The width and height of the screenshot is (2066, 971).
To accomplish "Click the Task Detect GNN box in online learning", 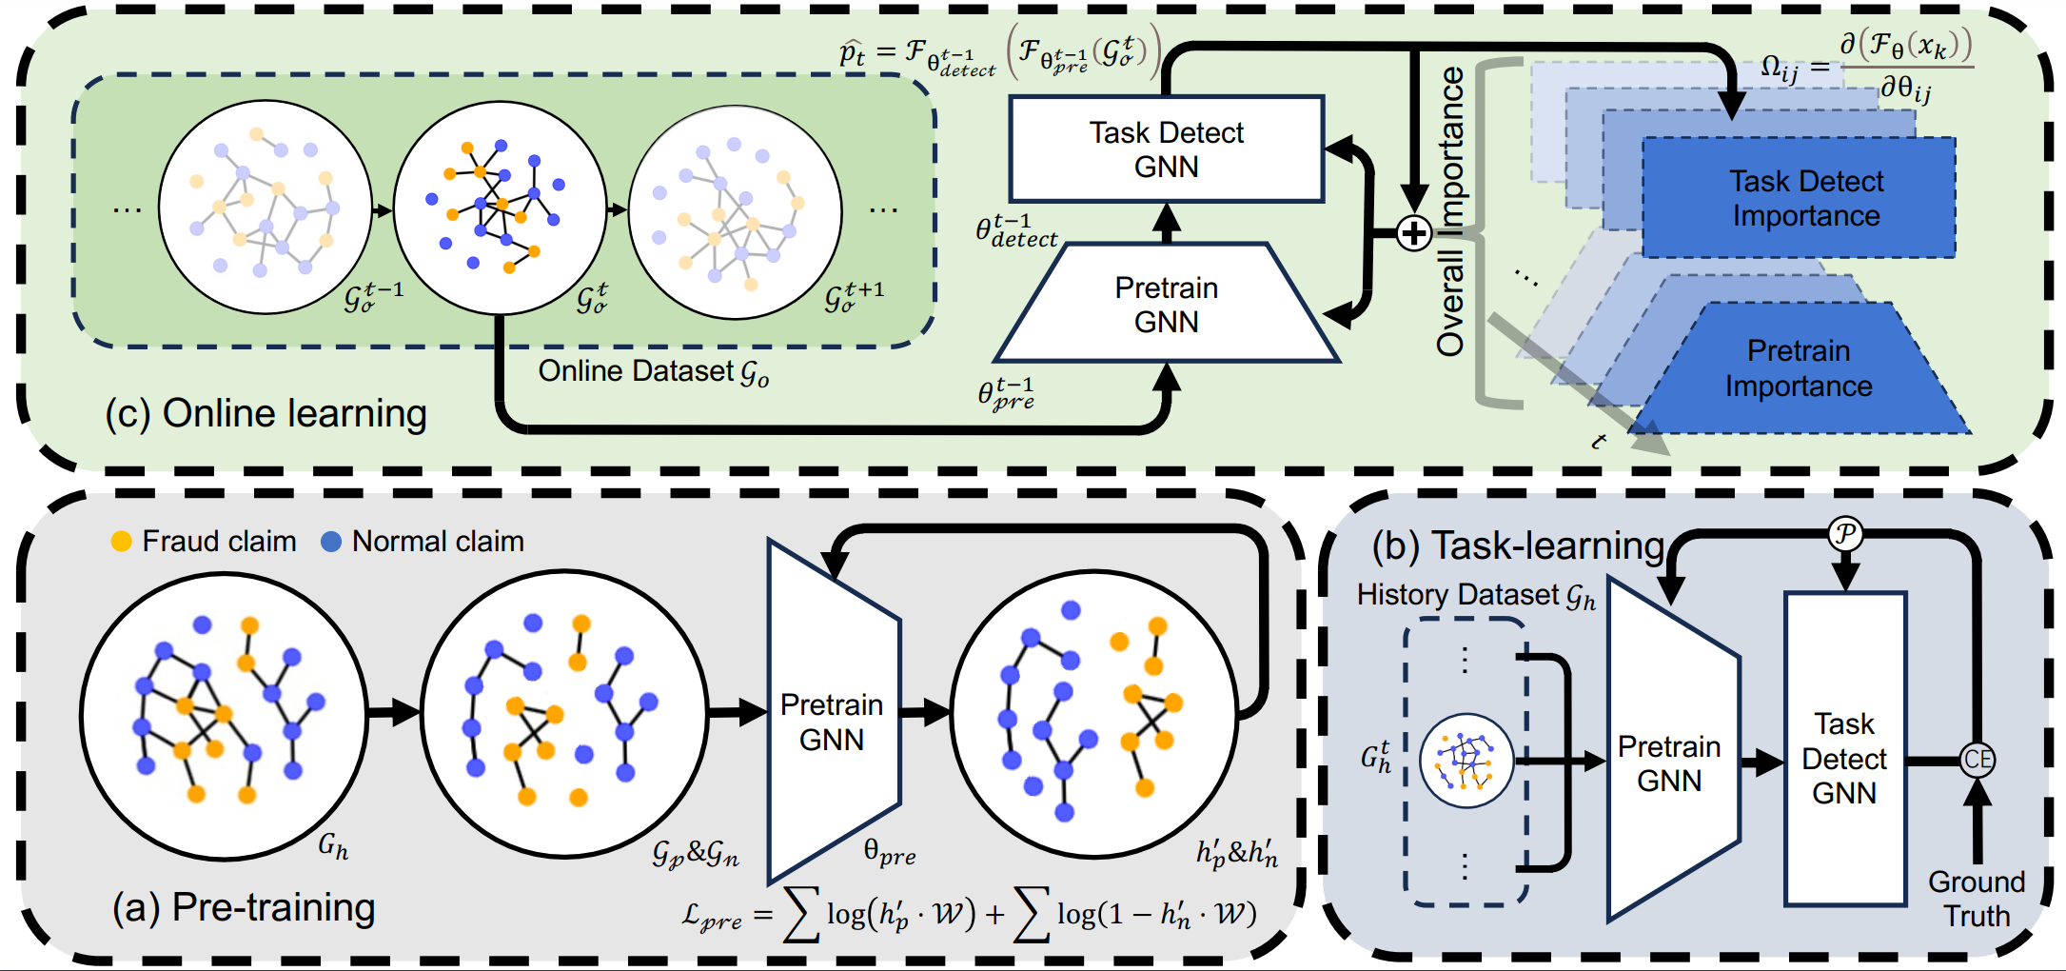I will (1166, 149).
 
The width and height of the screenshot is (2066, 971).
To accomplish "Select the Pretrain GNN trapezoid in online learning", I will (1166, 305).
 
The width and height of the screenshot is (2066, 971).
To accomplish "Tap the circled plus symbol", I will (1414, 232).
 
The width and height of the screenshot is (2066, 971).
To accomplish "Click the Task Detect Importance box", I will (1799, 198).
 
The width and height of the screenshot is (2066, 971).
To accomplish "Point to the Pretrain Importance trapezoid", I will (1799, 368).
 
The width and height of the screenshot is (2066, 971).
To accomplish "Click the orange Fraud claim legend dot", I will (121, 542).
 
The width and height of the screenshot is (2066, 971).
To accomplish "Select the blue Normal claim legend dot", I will (331, 542).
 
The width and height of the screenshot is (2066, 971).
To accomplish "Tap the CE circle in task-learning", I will (1977, 760).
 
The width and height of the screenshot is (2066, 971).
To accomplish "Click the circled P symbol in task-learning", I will (1845, 534).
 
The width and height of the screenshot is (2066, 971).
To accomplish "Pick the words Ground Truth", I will (1977, 899).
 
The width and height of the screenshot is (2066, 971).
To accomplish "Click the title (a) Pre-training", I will (244, 907).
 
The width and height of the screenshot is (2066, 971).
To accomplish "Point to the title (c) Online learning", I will (266, 413).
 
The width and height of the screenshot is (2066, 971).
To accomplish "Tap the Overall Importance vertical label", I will (1450, 211).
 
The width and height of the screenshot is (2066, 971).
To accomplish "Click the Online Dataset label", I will (653, 371).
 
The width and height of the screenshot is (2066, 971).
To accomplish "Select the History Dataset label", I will (1475, 596).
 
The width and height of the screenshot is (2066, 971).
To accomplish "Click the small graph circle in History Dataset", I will (1466, 761).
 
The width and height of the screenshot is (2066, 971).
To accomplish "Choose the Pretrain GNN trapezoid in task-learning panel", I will (1670, 752).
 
